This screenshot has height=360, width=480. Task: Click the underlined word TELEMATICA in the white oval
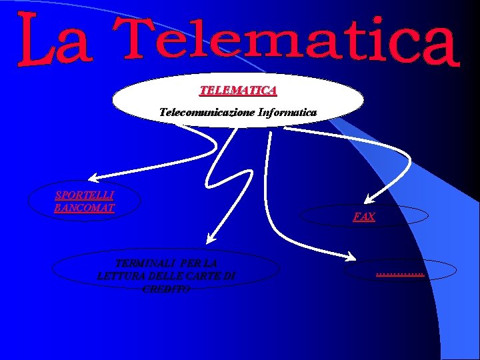pos(238,89)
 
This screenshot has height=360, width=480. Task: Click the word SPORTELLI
pos(85,195)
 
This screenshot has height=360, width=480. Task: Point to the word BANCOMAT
pos(85,207)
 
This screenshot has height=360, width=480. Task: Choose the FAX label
pos(364,217)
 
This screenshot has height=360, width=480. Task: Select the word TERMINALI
pos(142,263)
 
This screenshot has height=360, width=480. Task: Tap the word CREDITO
pos(166,289)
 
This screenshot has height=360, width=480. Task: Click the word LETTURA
pos(120,276)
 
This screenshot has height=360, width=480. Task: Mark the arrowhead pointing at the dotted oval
pos(354,257)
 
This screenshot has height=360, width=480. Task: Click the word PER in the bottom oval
pos(187,263)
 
